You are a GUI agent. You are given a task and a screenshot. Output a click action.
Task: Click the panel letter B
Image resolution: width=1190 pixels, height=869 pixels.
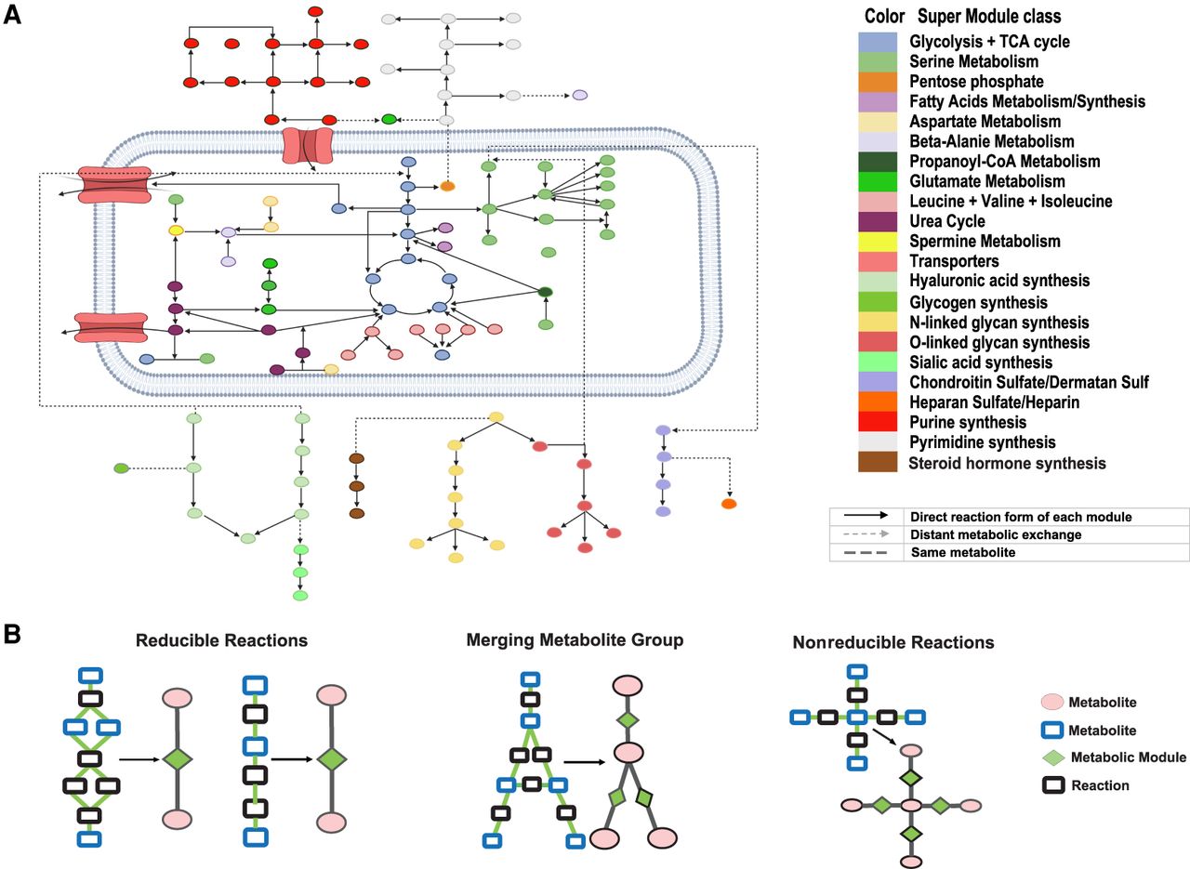point(12,634)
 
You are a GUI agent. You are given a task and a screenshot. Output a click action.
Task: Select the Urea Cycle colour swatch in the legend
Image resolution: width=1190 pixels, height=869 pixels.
point(878,221)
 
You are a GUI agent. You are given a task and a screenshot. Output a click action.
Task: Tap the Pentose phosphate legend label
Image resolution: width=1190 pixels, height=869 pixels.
point(976,81)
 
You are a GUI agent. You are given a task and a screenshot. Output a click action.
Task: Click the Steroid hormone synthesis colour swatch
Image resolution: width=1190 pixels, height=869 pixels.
point(878,462)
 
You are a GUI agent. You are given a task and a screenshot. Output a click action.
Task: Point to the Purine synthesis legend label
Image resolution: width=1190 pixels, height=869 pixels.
point(968,422)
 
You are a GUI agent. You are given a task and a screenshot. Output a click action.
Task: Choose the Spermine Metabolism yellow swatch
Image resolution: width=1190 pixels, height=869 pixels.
point(878,241)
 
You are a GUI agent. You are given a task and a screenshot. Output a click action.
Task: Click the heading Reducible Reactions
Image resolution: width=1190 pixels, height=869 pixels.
point(221,640)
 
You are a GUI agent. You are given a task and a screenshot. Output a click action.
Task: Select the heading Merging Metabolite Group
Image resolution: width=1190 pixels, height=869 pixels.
point(575,639)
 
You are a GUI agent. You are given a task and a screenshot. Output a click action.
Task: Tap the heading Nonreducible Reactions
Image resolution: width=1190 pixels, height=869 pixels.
point(893,642)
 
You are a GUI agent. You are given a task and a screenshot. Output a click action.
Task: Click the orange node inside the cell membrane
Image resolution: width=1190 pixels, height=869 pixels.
point(447,187)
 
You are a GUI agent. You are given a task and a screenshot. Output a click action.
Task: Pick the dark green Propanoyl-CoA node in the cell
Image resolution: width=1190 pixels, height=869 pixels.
point(545,292)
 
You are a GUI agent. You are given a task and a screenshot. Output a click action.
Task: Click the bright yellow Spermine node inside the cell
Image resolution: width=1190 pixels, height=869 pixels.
point(176,230)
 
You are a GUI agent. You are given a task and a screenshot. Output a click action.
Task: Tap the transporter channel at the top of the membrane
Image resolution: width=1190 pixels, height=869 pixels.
point(308,145)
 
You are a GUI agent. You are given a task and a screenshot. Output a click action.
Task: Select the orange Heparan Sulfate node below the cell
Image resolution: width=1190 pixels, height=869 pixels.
point(729,504)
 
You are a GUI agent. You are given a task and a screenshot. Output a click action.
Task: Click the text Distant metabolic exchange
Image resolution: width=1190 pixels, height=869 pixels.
point(996,534)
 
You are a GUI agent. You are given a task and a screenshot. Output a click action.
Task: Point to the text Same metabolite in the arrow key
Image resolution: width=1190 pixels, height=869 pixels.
point(963,552)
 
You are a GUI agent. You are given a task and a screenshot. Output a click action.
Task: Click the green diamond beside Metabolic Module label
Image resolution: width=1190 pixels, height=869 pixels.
point(1054,758)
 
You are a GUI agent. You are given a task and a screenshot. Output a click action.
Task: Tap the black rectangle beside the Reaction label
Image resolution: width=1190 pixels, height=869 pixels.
point(1053,785)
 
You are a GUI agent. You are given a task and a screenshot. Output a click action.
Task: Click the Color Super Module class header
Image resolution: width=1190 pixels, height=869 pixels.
point(962,17)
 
